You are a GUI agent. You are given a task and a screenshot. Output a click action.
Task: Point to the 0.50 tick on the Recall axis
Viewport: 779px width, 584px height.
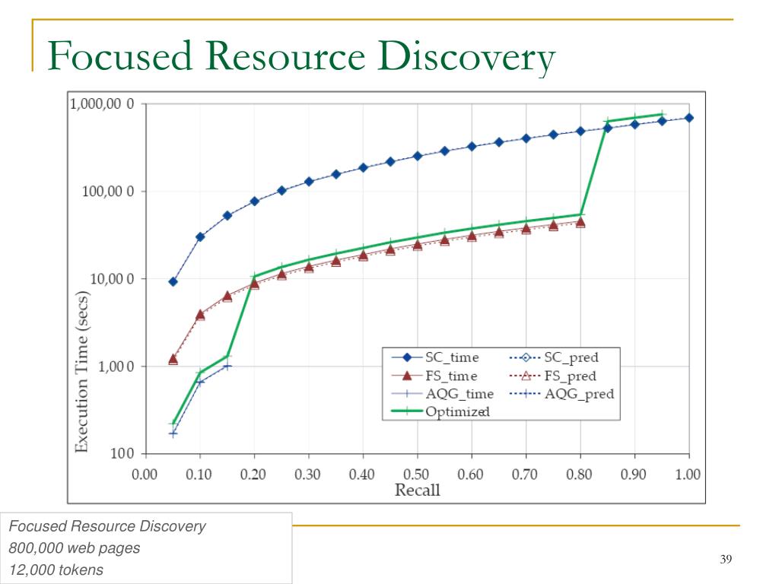417,474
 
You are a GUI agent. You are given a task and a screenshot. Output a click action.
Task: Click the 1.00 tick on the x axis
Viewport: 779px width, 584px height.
688,474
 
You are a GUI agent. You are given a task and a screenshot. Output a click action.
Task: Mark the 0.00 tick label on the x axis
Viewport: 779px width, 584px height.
145,474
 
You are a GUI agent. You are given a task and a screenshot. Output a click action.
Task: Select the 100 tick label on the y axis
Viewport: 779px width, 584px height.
122,454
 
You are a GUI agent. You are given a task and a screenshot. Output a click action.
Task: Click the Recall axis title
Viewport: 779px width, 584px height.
417,490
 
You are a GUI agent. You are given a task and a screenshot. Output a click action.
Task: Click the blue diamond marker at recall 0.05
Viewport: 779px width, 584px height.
173,281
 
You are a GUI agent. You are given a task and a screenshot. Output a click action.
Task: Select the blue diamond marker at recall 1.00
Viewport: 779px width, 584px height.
688,118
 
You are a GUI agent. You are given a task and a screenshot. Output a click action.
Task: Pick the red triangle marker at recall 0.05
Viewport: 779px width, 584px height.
173,359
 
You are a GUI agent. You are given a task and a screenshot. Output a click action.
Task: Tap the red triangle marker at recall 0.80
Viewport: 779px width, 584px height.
580,222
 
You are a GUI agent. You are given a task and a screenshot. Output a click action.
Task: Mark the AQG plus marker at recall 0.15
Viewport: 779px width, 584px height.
227,367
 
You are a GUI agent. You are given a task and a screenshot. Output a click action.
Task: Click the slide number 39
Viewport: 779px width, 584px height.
725,560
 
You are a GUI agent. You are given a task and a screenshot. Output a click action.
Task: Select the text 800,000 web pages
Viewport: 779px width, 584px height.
75,547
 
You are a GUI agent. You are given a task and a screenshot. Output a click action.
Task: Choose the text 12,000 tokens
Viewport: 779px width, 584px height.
56,570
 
